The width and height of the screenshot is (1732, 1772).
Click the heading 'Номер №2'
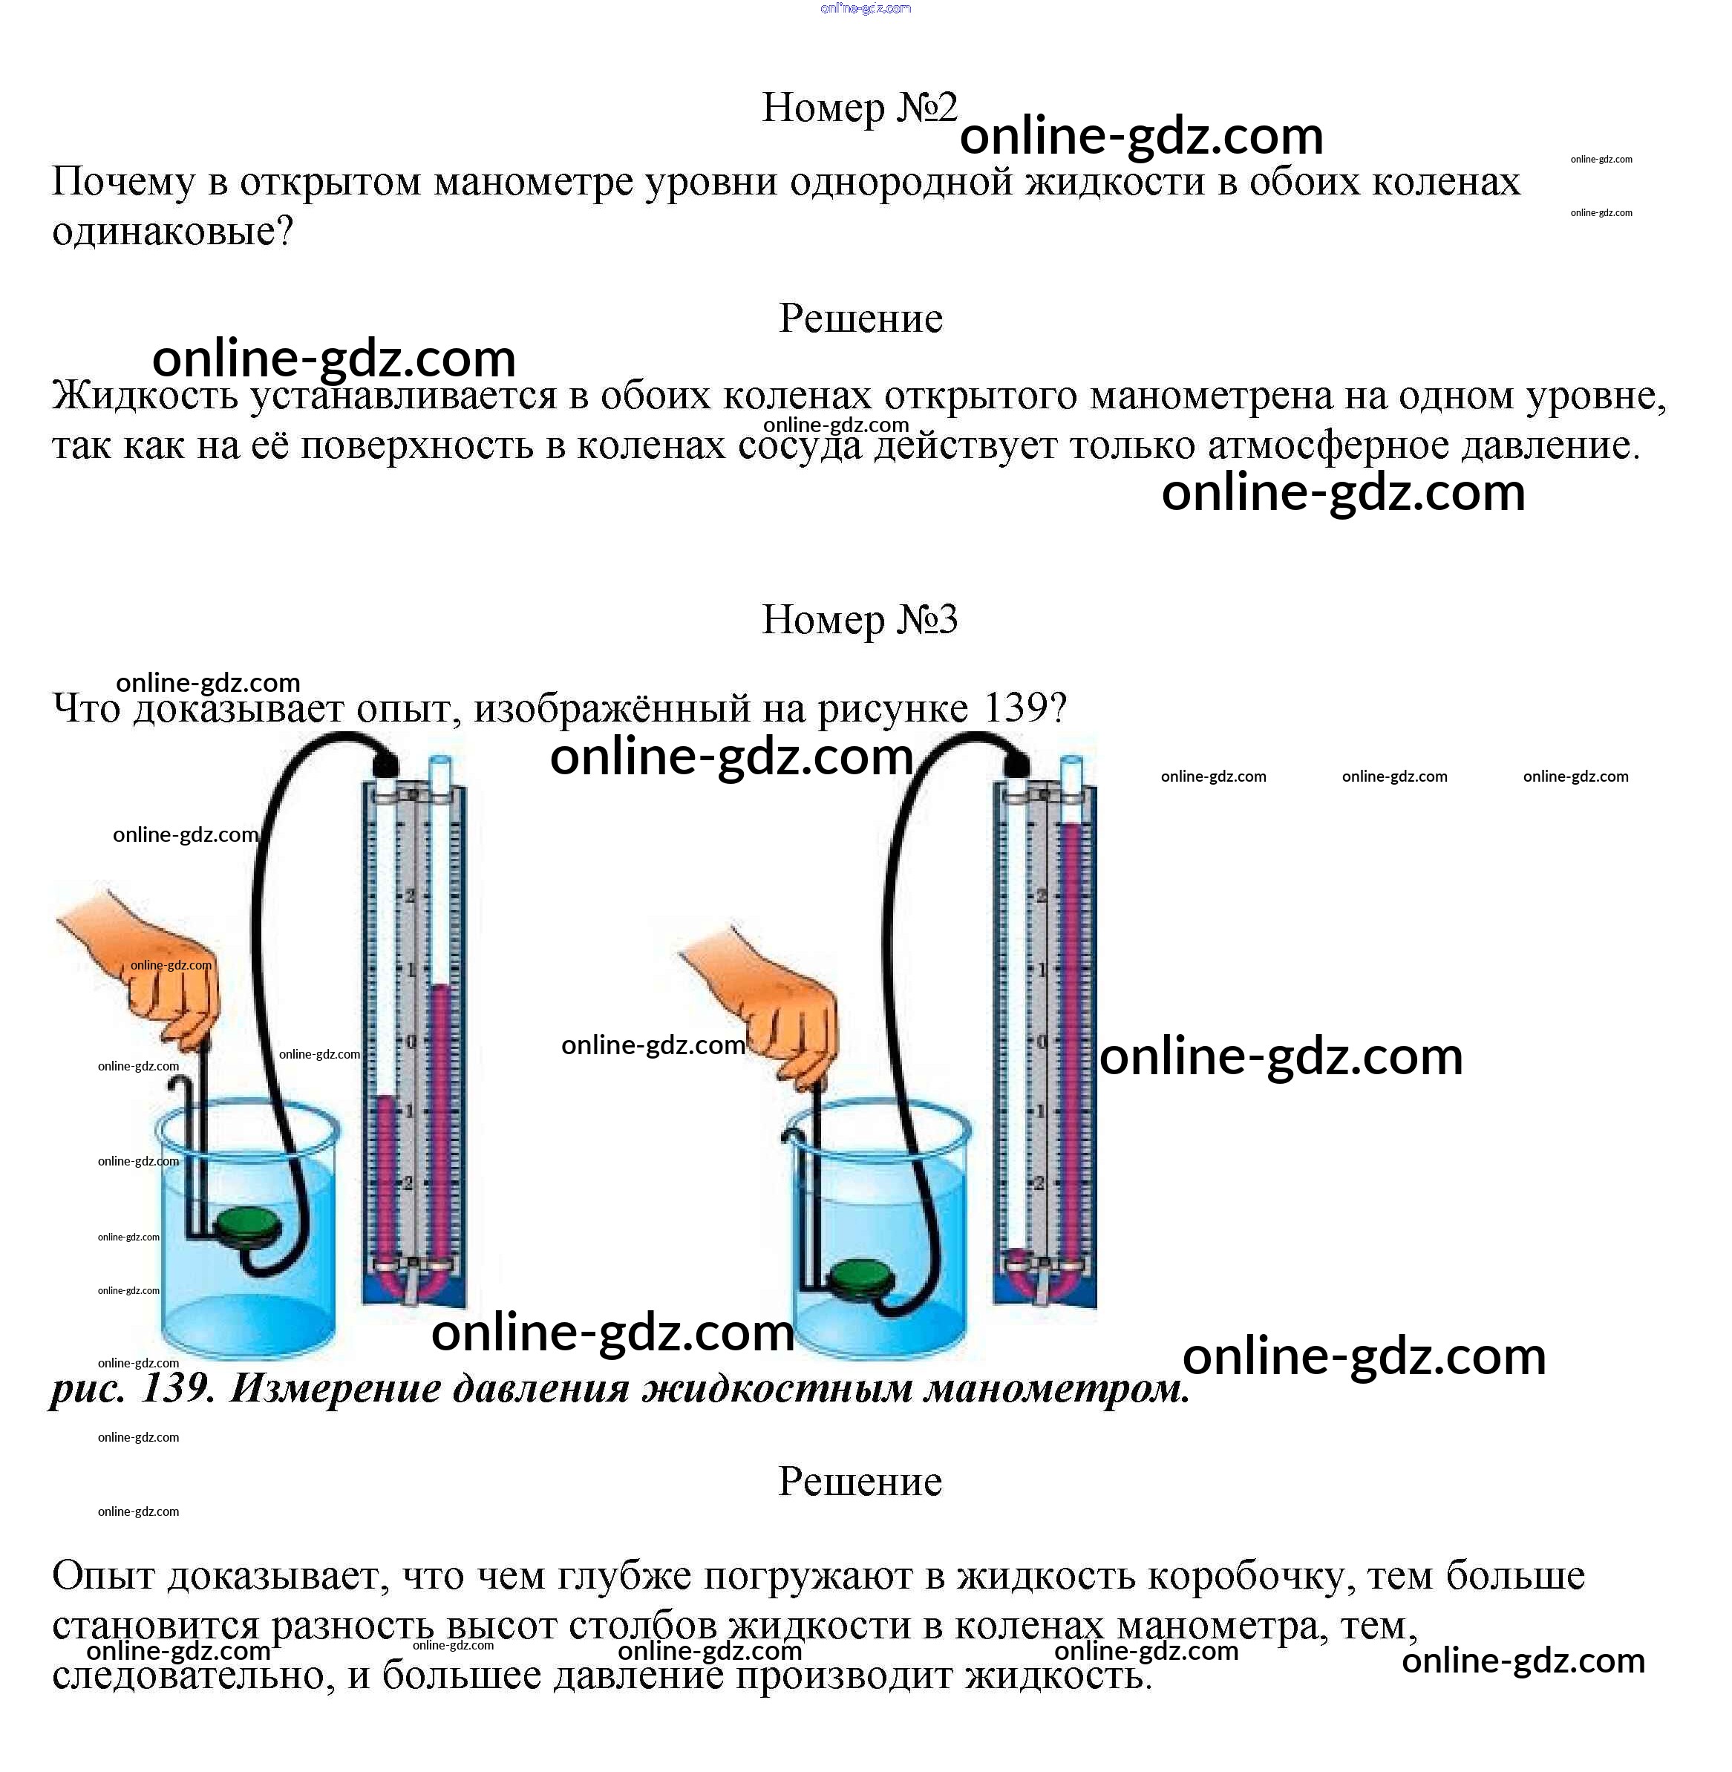tap(860, 108)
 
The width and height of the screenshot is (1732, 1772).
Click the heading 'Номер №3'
tap(860, 619)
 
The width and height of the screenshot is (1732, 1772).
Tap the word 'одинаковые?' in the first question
tap(173, 231)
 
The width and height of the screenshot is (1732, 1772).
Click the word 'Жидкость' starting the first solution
tap(146, 396)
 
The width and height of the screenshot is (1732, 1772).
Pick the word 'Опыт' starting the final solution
tap(102, 1575)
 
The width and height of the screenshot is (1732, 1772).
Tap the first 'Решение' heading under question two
tap(860, 318)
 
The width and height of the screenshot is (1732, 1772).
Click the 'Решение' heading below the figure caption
tap(860, 1482)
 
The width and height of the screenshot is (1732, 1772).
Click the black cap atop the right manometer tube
tap(1016, 762)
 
